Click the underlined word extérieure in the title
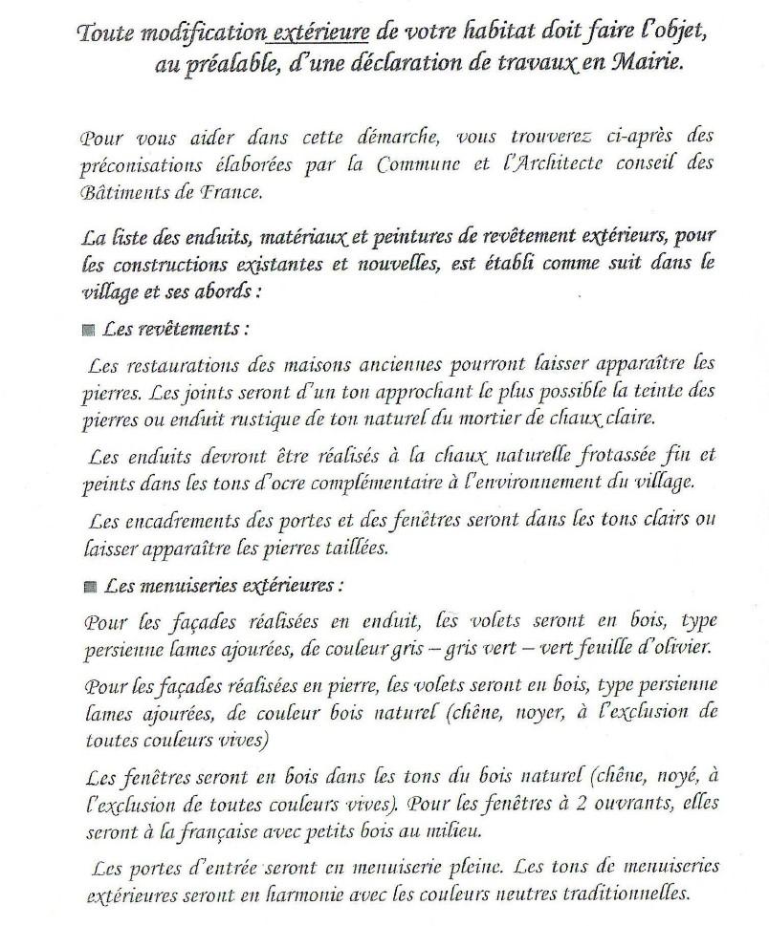click(321, 33)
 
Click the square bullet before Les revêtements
click(88, 329)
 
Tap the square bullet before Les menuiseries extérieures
click(88, 585)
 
